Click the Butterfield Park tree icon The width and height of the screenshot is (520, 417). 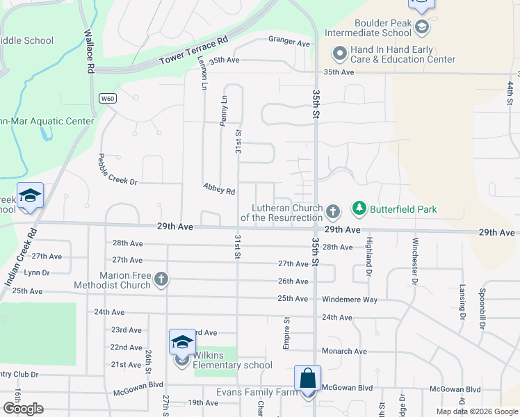click(359, 208)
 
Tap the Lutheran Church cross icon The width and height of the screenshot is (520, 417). click(333, 211)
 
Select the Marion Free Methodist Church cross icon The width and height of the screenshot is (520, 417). click(161, 280)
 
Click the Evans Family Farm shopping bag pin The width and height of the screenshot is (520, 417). click(307, 380)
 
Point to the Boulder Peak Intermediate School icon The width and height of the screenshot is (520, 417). click(421, 27)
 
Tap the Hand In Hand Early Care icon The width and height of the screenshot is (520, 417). click(340, 54)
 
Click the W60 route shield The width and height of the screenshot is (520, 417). click(106, 98)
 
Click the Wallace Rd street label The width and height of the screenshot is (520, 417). click(89, 51)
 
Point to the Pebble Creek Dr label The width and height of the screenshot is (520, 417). click(117, 169)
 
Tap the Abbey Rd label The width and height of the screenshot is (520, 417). click(219, 188)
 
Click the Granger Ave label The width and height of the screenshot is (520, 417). click(289, 43)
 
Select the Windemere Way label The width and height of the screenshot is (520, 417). click(349, 299)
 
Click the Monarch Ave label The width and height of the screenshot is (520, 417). click(344, 351)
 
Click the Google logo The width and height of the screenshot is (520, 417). click(22, 409)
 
